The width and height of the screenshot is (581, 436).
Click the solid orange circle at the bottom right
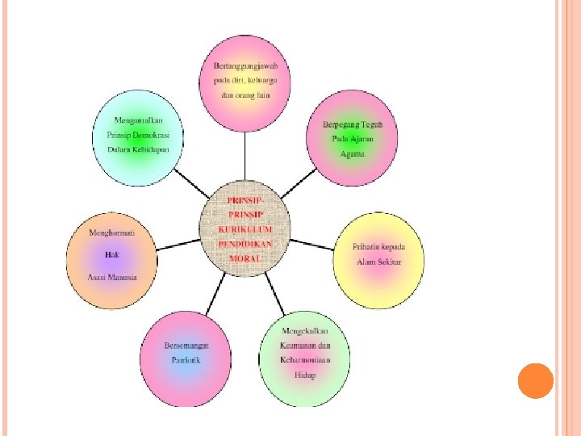point(535,380)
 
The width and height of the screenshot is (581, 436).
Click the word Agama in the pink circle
point(352,153)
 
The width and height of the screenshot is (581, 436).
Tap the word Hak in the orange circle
point(112,254)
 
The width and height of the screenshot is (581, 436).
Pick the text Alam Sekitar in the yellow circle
point(378,262)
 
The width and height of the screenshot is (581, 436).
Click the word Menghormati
point(112,233)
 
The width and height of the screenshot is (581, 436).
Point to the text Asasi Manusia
point(112,277)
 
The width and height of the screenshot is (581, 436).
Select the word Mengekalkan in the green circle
point(304,332)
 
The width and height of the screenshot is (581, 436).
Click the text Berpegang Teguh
point(352,124)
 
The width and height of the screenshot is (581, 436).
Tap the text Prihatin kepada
point(378,246)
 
